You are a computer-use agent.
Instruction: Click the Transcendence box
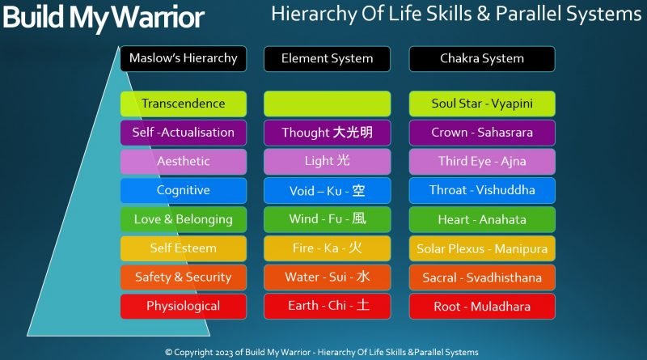coord(184,104)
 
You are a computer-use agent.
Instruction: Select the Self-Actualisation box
coord(184,133)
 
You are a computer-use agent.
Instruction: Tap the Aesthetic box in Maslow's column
coord(184,162)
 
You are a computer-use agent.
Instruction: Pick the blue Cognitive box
coord(184,191)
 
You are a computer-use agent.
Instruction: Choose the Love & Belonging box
coord(184,219)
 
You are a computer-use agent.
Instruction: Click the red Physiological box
coord(184,307)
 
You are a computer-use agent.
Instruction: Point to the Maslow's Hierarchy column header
coord(184,58)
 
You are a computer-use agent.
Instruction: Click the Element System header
coord(327,58)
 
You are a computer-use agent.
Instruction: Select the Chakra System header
coord(482,58)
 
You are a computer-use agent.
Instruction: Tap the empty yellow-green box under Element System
coord(327,104)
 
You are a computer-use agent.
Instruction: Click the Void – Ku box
coord(327,191)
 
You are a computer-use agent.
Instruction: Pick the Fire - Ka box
coord(327,248)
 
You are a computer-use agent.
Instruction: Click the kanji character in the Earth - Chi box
coord(363,307)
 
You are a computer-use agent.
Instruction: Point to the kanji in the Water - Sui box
coord(363,277)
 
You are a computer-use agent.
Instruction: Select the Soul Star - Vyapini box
coord(482,104)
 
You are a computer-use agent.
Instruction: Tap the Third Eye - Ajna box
coord(482,162)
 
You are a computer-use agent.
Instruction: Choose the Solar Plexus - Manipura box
coord(482,248)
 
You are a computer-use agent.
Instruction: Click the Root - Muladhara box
coord(482,307)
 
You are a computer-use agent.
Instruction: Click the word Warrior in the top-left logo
coord(160,18)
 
